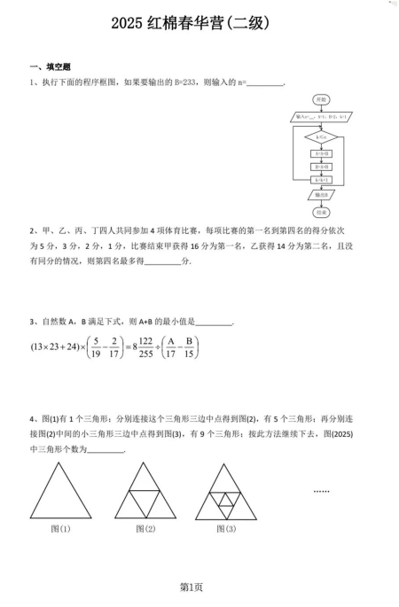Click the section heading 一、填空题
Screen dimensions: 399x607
point(51,67)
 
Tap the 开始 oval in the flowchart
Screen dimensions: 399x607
point(321,98)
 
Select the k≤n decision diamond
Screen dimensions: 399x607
point(321,136)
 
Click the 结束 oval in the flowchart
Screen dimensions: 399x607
point(321,213)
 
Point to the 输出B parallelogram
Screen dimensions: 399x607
point(321,195)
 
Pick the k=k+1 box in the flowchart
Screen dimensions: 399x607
point(321,180)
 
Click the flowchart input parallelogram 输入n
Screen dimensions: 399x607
point(321,117)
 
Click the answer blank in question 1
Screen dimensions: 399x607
point(263,84)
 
